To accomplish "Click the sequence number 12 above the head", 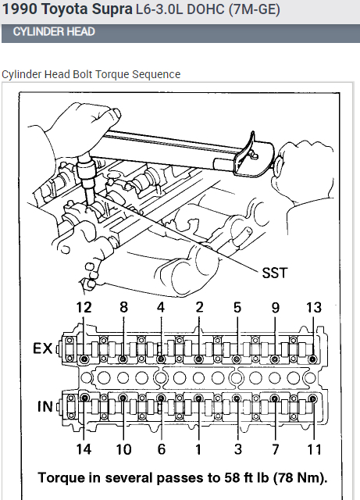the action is (84, 307).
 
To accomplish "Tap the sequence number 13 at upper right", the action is (314, 307).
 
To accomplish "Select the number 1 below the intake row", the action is (198, 449).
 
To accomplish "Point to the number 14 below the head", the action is (84, 449).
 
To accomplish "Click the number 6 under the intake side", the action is (162, 449).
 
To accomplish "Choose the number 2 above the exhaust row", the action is (199, 307).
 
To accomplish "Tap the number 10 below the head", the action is (123, 449).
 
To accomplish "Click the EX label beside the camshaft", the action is (42, 348).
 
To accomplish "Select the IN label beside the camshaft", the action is (45, 406).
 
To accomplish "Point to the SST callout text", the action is (274, 273).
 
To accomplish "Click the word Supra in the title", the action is (112, 9).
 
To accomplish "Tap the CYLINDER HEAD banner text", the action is (54, 31).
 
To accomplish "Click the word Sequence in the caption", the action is (156, 74).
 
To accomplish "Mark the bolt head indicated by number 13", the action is (312, 359).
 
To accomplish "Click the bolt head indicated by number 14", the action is (84, 398).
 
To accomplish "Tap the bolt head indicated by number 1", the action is (198, 398).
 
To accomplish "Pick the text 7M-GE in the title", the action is (254, 9).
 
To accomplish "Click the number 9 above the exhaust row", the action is (276, 307).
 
